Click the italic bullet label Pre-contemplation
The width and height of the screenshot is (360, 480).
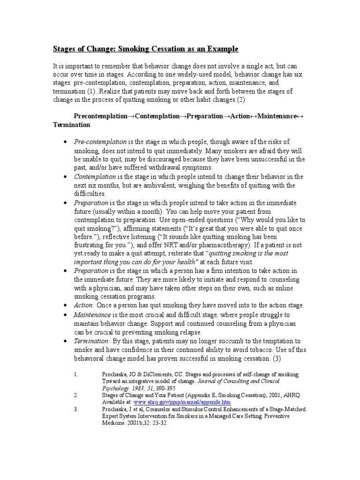tap(100, 142)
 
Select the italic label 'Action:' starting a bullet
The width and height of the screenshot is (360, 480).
tap(84, 305)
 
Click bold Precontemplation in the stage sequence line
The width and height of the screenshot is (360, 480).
tap(101, 116)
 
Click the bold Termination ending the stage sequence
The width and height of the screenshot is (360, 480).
tap(71, 126)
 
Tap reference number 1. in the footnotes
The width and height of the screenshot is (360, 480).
tap(76, 375)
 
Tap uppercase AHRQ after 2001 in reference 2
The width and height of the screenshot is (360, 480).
tap(285, 396)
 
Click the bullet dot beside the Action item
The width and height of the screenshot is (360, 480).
tap(64, 306)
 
